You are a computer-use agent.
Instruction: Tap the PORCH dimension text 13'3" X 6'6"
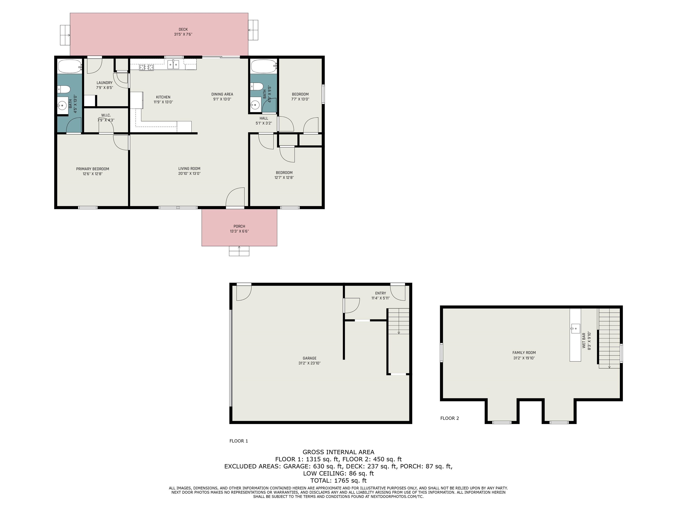pyautogui.click(x=239, y=231)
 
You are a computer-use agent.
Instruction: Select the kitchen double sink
pyautogui.click(x=173, y=65)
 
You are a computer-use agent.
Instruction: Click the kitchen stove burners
pyautogui.click(x=146, y=67)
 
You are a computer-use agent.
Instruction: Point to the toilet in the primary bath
pyautogui.click(x=64, y=89)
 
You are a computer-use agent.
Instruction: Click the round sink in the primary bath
pyautogui.click(x=62, y=106)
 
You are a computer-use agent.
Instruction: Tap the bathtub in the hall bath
pyautogui.click(x=264, y=66)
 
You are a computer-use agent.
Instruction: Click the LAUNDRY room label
pyautogui.click(x=104, y=83)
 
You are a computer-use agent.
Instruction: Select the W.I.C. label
pyautogui.click(x=106, y=115)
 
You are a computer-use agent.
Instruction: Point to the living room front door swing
pyautogui.click(x=235, y=197)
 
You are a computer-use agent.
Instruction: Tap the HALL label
pyautogui.click(x=264, y=118)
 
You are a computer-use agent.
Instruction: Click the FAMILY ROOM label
pyautogui.click(x=524, y=352)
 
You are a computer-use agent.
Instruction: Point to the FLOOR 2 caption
pyautogui.click(x=450, y=418)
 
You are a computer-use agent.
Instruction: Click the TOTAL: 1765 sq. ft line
pyautogui.click(x=338, y=480)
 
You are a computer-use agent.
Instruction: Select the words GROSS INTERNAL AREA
pyautogui.click(x=338, y=452)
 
